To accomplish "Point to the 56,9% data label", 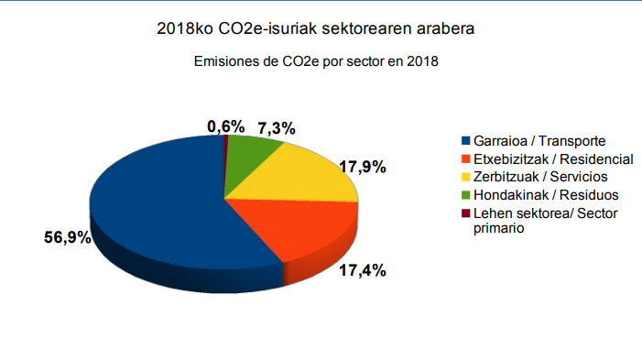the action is (68, 237).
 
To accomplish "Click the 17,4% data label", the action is (363, 270).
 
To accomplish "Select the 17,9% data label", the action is (363, 167).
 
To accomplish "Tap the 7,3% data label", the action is (277, 128).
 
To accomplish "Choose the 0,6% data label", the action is (226, 126).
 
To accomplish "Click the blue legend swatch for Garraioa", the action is (465, 140).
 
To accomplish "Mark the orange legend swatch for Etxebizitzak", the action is (465, 158).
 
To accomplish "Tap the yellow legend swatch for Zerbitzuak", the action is (465, 177).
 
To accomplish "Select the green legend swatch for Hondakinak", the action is (465, 195).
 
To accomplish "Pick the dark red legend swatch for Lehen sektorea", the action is (465, 213).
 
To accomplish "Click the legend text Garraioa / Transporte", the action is (539, 141).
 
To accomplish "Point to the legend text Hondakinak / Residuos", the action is (546, 195).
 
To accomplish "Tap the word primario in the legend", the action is (499, 228).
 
